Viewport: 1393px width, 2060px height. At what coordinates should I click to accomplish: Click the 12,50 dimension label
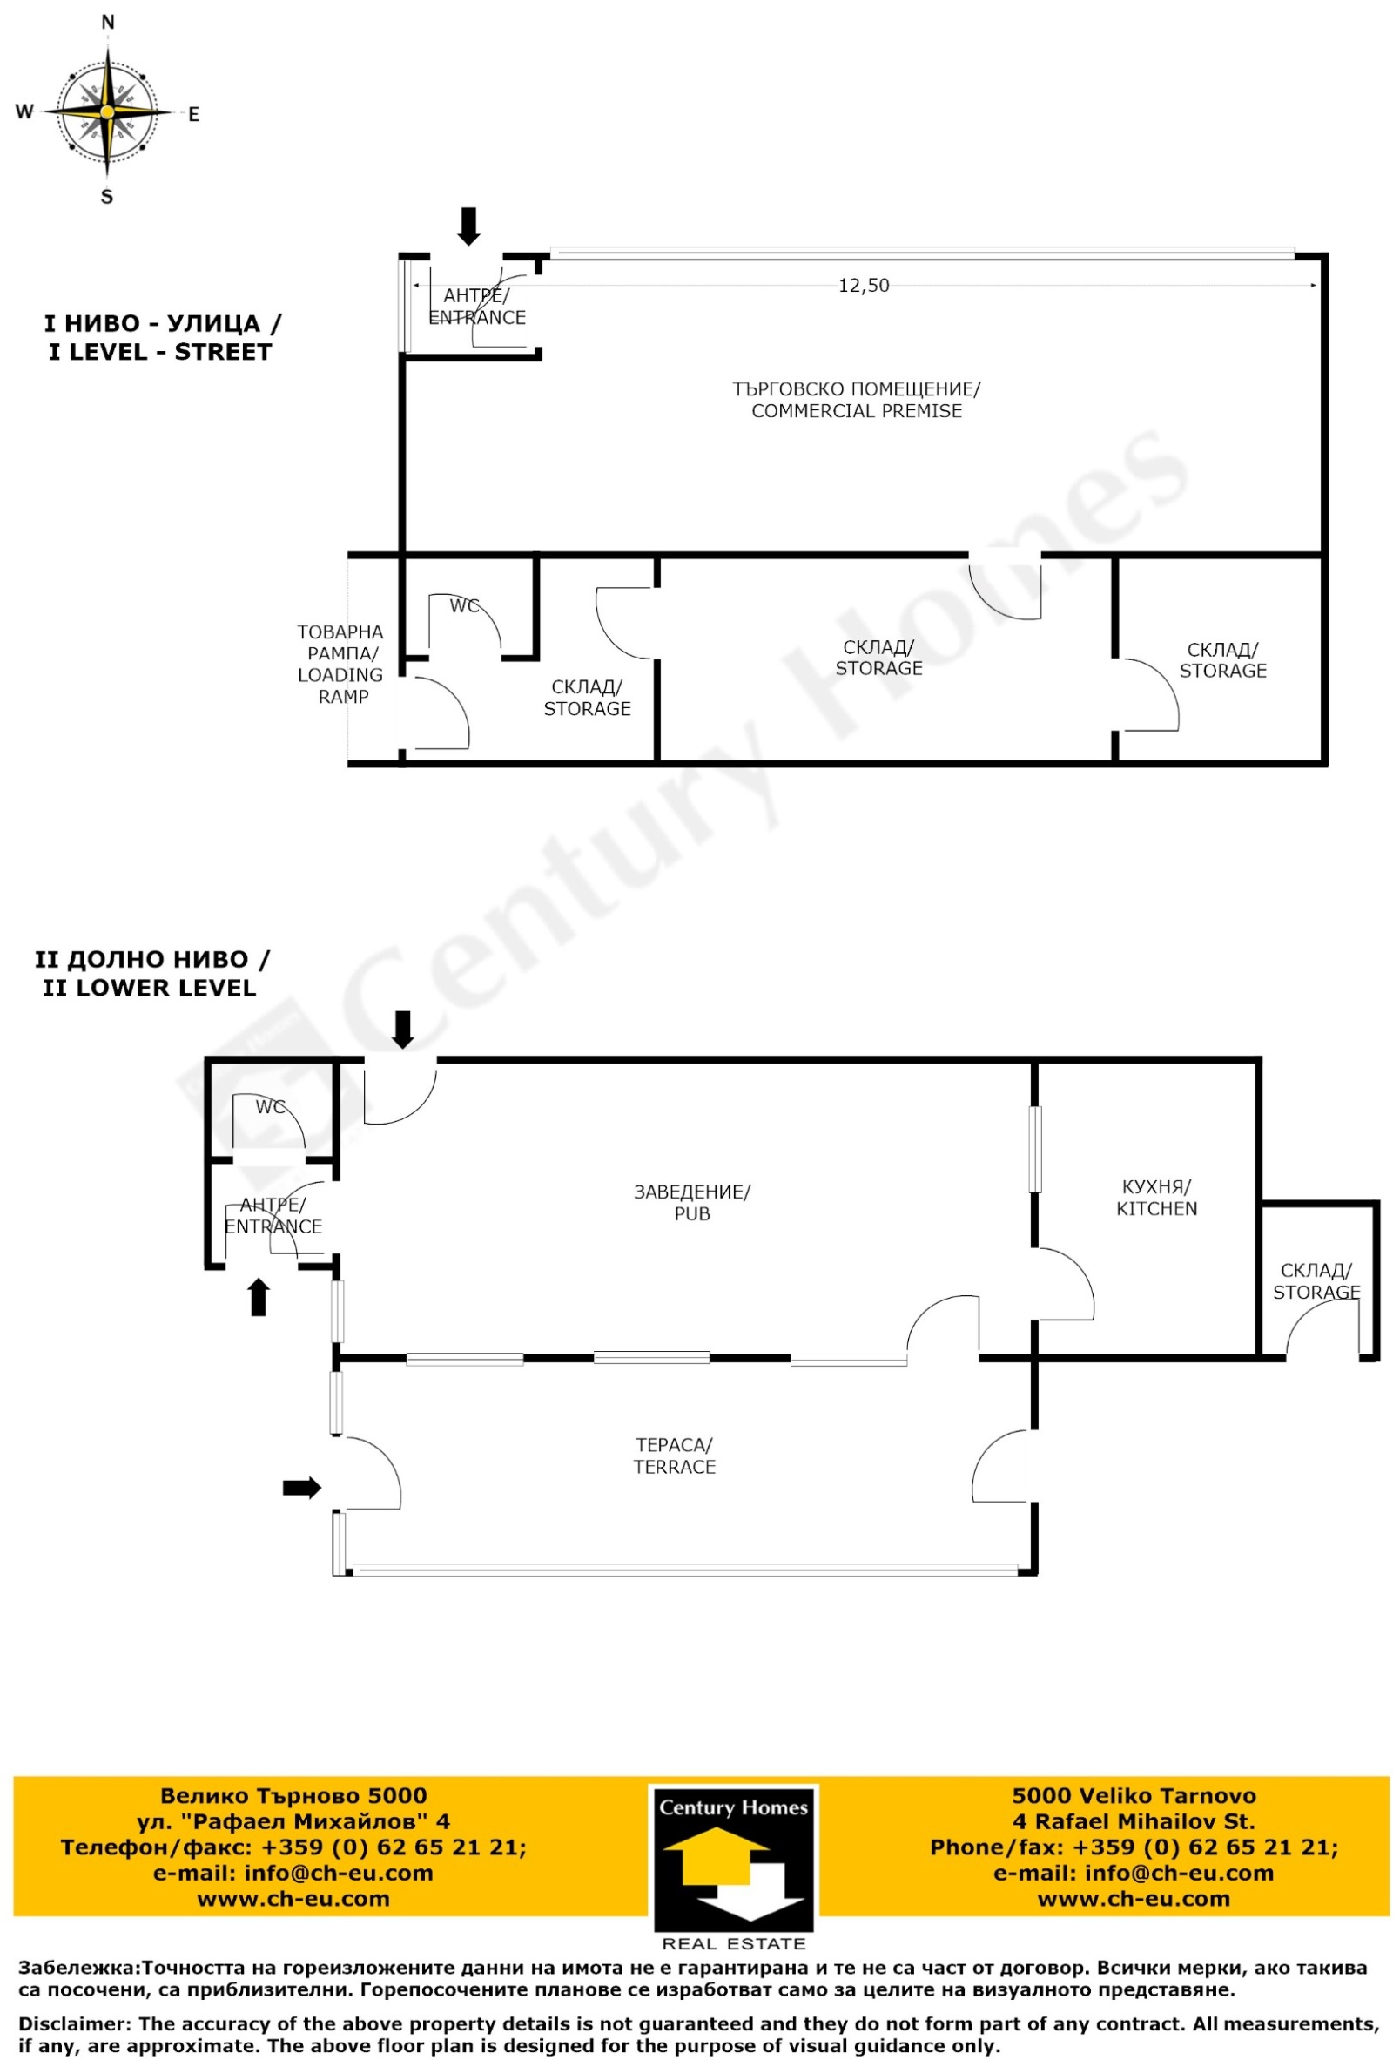(x=863, y=286)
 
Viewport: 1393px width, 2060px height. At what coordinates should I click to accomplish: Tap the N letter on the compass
(x=107, y=23)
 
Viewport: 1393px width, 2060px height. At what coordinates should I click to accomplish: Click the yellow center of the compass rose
(x=106, y=111)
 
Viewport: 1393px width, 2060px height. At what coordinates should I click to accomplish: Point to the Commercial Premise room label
(x=856, y=400)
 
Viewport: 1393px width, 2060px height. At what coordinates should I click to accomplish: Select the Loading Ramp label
(x=341, y=664)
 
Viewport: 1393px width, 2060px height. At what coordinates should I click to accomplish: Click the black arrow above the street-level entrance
(x=468, y=226)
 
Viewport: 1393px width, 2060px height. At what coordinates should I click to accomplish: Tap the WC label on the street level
(x=463, y=605)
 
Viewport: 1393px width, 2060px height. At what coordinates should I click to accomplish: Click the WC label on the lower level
(x=270, y=1107)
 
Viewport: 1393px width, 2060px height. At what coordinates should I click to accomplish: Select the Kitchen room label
(x=1156, y=1198)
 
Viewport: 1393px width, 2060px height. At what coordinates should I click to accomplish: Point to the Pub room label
(x=691, y=1203)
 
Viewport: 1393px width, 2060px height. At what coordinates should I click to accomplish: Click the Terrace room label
(x=674, y=1456)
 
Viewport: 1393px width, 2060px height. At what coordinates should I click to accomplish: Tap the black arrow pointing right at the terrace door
(x=301, y=1488)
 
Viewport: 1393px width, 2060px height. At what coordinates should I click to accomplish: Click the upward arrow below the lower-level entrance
(x=258, y=1297)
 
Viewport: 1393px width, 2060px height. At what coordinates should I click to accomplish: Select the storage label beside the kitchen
(x=1316, y=1282)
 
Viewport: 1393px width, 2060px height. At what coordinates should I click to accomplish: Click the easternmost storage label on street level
(x=1222, y=660)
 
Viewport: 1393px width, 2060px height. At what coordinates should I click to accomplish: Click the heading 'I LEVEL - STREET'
(x=160, y=352)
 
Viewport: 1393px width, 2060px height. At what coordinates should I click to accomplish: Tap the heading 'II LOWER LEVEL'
(x=150, y=988)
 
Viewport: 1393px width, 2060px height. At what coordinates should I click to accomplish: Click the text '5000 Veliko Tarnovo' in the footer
(x=1134, y=1796)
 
